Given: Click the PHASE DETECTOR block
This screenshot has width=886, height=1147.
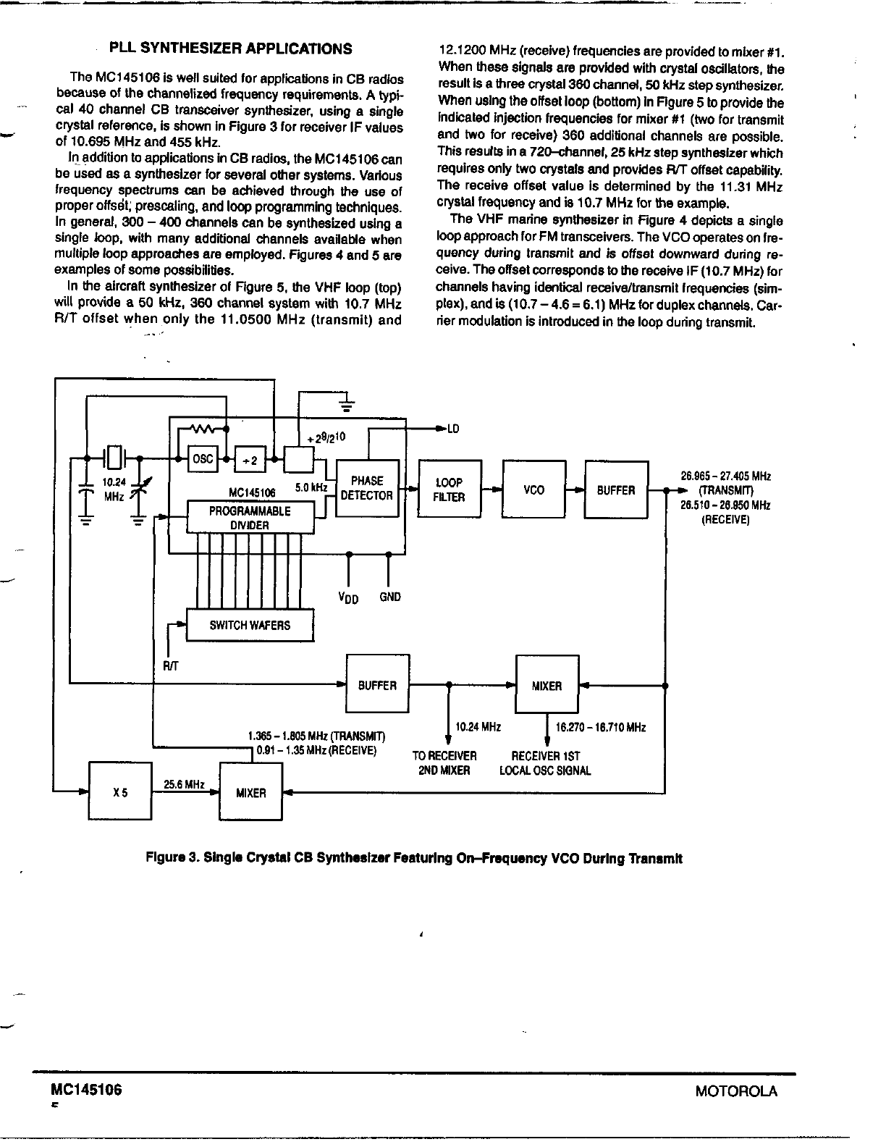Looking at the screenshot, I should pos(368,489).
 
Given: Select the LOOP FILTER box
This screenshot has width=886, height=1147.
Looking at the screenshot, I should pos(450,490).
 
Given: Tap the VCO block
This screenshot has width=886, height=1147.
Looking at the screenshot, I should pos(533,490).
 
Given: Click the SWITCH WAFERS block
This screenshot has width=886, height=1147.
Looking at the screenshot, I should pos(250,625).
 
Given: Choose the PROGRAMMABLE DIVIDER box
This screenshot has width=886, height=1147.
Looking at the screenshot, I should pos(250,518).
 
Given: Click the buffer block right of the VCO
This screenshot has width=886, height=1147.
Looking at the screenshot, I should pos(616,490).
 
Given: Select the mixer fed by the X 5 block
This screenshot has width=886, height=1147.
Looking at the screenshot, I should pos(250,793).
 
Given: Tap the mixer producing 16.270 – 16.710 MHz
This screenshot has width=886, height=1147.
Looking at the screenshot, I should pos(547,685).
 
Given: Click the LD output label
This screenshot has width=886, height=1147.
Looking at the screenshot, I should pos(452,429).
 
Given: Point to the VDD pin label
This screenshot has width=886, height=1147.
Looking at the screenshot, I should pos(349,598).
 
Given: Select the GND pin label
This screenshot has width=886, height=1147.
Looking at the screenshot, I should pos(389,597).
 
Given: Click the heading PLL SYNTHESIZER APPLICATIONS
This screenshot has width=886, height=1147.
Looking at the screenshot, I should pos(230,49).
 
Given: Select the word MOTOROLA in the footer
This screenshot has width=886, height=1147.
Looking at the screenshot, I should pos(735,1091).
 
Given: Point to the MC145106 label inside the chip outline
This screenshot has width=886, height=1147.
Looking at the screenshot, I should pos(252,493).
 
